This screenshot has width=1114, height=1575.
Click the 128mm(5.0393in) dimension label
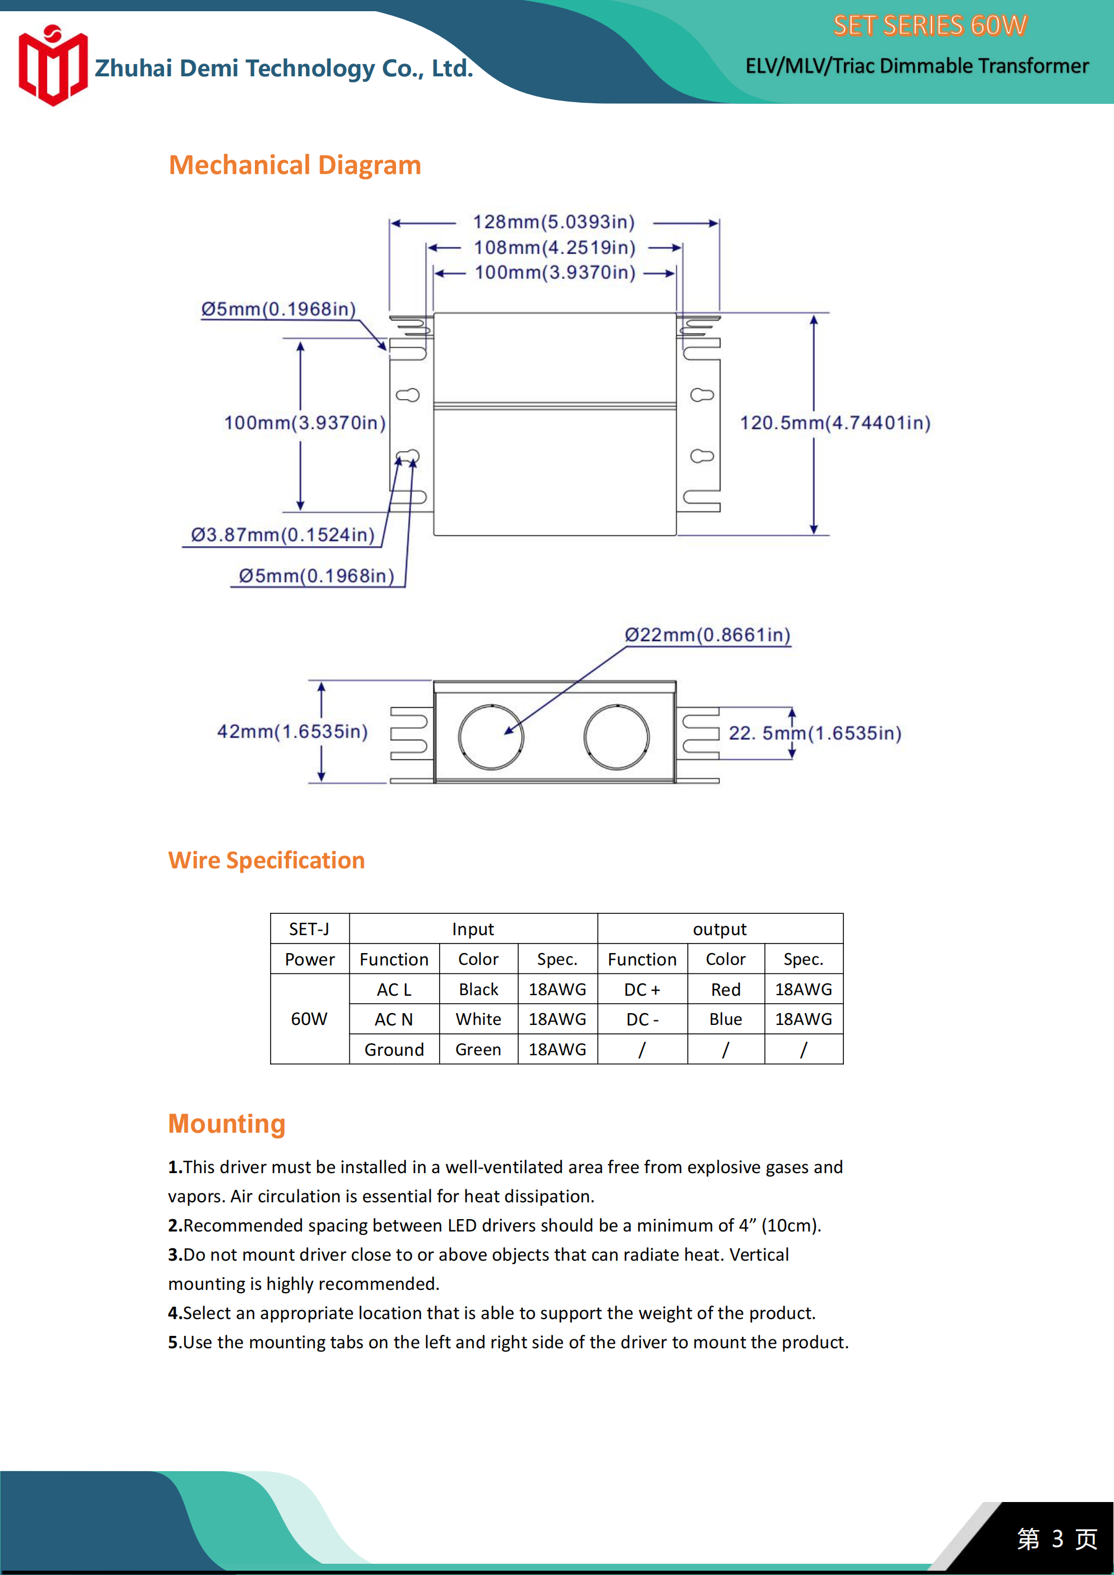554,222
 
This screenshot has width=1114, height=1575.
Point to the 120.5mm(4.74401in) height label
834,423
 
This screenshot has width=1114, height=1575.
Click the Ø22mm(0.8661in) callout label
707,635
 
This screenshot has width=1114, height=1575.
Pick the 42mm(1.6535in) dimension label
293,732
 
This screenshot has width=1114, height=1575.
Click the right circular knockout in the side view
617,737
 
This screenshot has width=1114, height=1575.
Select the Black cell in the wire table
478,989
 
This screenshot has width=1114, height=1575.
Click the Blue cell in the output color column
725,1019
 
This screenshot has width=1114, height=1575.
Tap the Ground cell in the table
394,1050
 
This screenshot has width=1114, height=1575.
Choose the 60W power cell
309,1019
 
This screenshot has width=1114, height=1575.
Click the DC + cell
642,989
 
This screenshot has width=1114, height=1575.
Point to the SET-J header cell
309,929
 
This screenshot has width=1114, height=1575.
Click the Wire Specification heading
266,860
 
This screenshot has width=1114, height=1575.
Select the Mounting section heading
226,1124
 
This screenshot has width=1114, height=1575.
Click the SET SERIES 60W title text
930,26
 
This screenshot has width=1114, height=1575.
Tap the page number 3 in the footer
1058,1539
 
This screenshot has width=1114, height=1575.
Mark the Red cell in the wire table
725,989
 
